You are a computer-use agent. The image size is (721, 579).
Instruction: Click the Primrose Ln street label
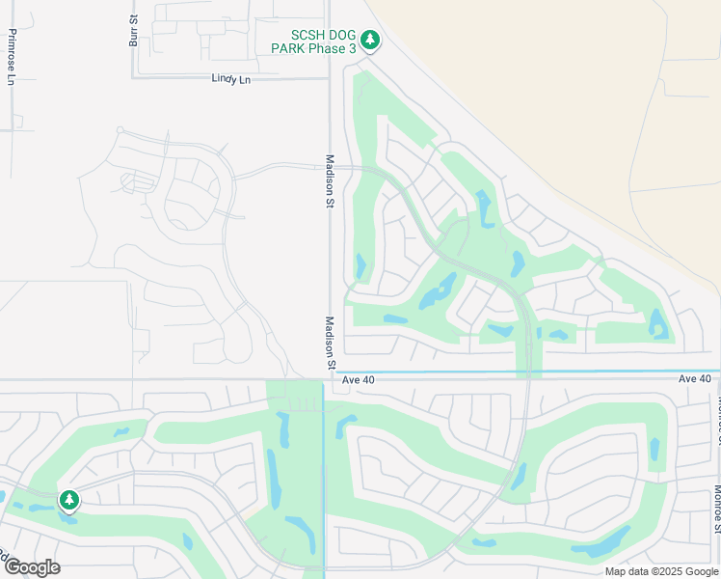coord(12,57)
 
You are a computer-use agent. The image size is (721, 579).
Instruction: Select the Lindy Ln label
coord(230,79)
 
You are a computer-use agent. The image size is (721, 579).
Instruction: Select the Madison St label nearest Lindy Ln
coord(329,181)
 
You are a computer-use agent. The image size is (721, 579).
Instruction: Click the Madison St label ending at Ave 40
coord(329,343)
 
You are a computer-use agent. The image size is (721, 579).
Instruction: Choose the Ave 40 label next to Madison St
coord(358,379)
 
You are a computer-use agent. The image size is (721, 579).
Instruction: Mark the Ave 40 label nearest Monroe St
coord(694,378)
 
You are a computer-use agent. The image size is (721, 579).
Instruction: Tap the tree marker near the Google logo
coord(68,500)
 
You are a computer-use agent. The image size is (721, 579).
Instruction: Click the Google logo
coord(32,567)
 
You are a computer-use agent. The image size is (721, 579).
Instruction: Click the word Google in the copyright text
coord(701,571)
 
